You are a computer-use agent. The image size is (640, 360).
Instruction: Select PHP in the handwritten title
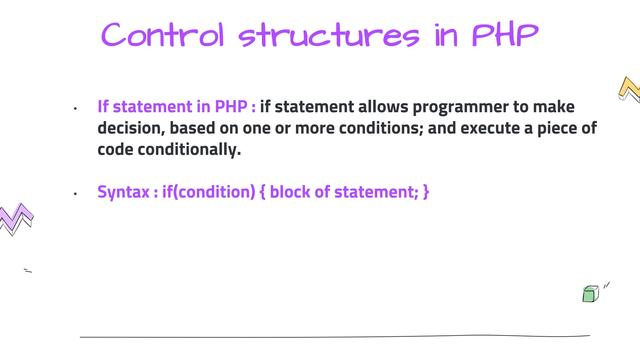[505, 35]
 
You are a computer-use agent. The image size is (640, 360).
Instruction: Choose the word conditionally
[189, 150]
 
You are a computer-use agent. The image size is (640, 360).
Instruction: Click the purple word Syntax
[123, 192]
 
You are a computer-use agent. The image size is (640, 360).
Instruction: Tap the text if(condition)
[209, 192]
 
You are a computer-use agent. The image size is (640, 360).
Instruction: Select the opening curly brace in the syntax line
[262, 192]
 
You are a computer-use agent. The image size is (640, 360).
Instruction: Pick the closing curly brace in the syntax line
[426, 192]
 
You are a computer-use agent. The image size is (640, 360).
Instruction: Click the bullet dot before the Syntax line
[75, 194]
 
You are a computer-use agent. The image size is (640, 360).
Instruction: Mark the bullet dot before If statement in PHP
[75, 109]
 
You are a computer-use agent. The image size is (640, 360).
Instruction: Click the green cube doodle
[590, 294]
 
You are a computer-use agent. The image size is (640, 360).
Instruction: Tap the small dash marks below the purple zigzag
[28, 271]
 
